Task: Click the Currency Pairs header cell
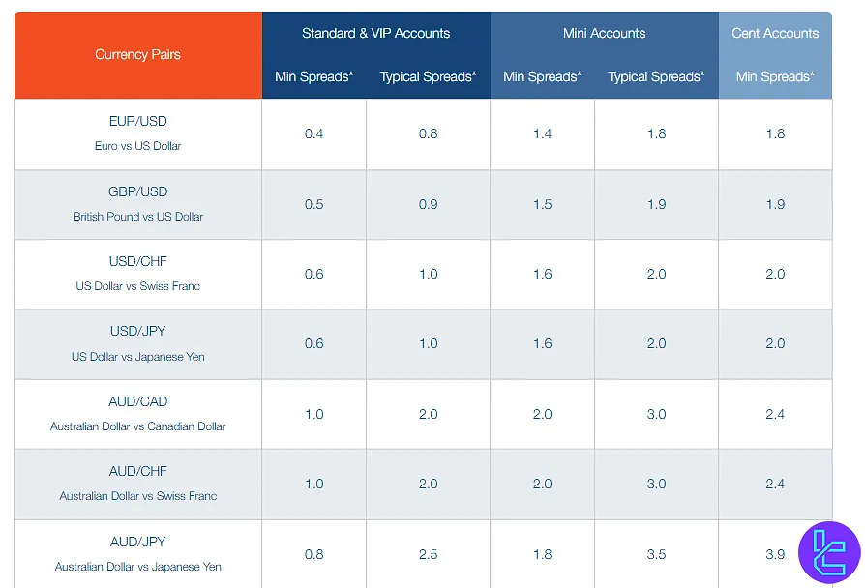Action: click(x=137, y=55)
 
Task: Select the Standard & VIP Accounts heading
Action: click(x=375, y=33)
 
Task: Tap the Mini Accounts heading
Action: click(x=604, y=33)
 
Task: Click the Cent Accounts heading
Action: click(x=775, y=33)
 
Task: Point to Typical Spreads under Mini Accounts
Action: click(x=656, y=76)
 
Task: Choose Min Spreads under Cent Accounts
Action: click(x=775, y=76)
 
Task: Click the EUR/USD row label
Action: click(x=137, y=122)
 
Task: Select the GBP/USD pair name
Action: click(x=137, y=191)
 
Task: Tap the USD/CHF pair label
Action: click(x=137, y=262)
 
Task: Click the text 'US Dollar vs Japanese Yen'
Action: click(x=137, y=357)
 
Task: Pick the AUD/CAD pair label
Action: click(x=137, y=401)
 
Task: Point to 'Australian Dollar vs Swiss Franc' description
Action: click(x=137, y=496)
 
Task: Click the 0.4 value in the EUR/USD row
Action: click(x=313, y=134)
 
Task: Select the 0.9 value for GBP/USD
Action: click(x=428, y=204)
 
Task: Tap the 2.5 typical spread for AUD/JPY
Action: click(x=428, y=554)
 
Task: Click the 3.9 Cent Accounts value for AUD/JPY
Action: click(x=775, y=554)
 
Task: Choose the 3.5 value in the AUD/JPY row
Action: click(x=656, y=554)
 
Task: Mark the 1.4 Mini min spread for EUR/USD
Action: click(x=542, y=134)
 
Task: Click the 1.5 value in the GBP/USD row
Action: click(x=542, y=204)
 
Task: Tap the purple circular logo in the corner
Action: click(x=829, y=552)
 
